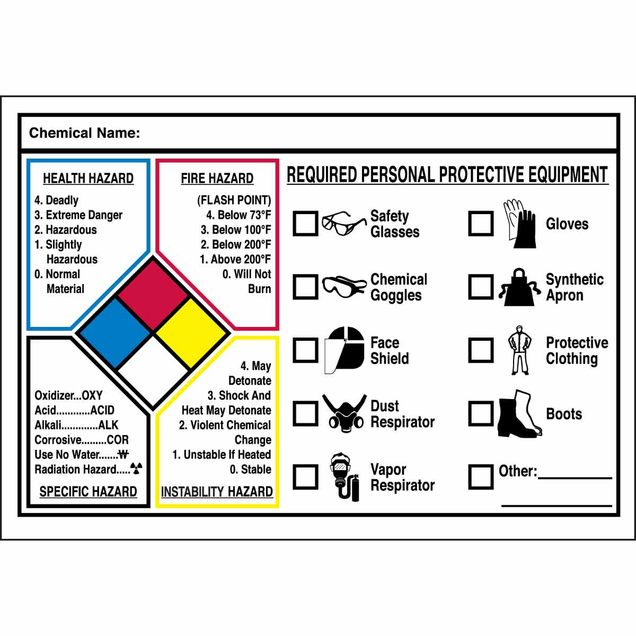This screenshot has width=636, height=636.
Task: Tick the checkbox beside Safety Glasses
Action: tap(306, 224)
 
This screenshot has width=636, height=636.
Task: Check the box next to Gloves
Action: tap(481, 224)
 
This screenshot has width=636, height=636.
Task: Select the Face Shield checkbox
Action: tap(306, 350)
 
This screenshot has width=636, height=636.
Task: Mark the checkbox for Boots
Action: tap(481, 414)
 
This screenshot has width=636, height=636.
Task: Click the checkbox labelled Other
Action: tap(481, 476)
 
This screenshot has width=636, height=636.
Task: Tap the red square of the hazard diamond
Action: tap(153, 295)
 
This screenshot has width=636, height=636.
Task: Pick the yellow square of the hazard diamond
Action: tap(192, 333)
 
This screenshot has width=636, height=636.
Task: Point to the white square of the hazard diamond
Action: tap(153, 371)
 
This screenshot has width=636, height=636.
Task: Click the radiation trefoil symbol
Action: tap(136, 468)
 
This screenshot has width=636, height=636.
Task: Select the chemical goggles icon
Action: tap(344, 287)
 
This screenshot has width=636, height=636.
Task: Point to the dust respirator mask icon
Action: tap(344, 414)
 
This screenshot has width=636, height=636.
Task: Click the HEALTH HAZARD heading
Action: tap(88, 179)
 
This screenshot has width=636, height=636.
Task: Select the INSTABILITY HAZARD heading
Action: tap(217, 492)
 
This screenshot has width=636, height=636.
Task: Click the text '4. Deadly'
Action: tap(56, 200)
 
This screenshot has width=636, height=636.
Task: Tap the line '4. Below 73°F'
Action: tap(238, 215)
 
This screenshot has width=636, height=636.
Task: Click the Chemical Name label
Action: tap(85, 133)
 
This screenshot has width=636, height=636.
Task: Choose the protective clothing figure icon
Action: tap(519, 350)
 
